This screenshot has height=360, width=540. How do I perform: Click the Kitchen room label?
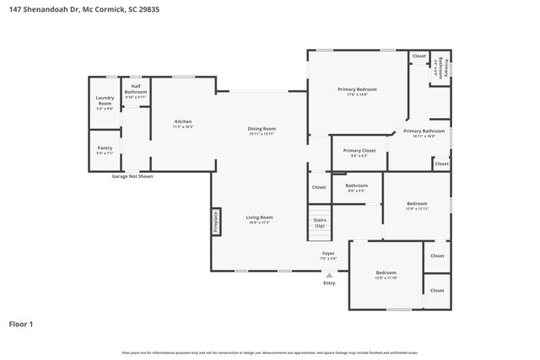(183, 123)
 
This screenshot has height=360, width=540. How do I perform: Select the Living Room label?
(259, 220)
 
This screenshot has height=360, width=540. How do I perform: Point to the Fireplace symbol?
(215, 221)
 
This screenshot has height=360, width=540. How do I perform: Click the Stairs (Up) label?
(320, 223)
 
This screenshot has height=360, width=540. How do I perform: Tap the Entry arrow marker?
(329, 275)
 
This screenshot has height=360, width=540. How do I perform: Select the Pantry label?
(105, 150)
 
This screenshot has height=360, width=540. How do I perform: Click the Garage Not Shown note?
(132, 176)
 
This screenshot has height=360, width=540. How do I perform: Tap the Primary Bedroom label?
(357, 91)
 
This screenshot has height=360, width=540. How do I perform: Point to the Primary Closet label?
(359, 153)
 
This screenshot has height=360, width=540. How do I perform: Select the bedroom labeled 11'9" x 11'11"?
(417, 206)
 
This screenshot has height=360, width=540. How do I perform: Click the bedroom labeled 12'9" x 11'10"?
(386, 275)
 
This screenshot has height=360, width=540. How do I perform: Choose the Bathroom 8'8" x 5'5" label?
(356, 187)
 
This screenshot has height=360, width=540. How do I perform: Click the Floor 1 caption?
(21, 324)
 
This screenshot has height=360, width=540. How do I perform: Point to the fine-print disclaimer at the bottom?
(269, 352)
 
